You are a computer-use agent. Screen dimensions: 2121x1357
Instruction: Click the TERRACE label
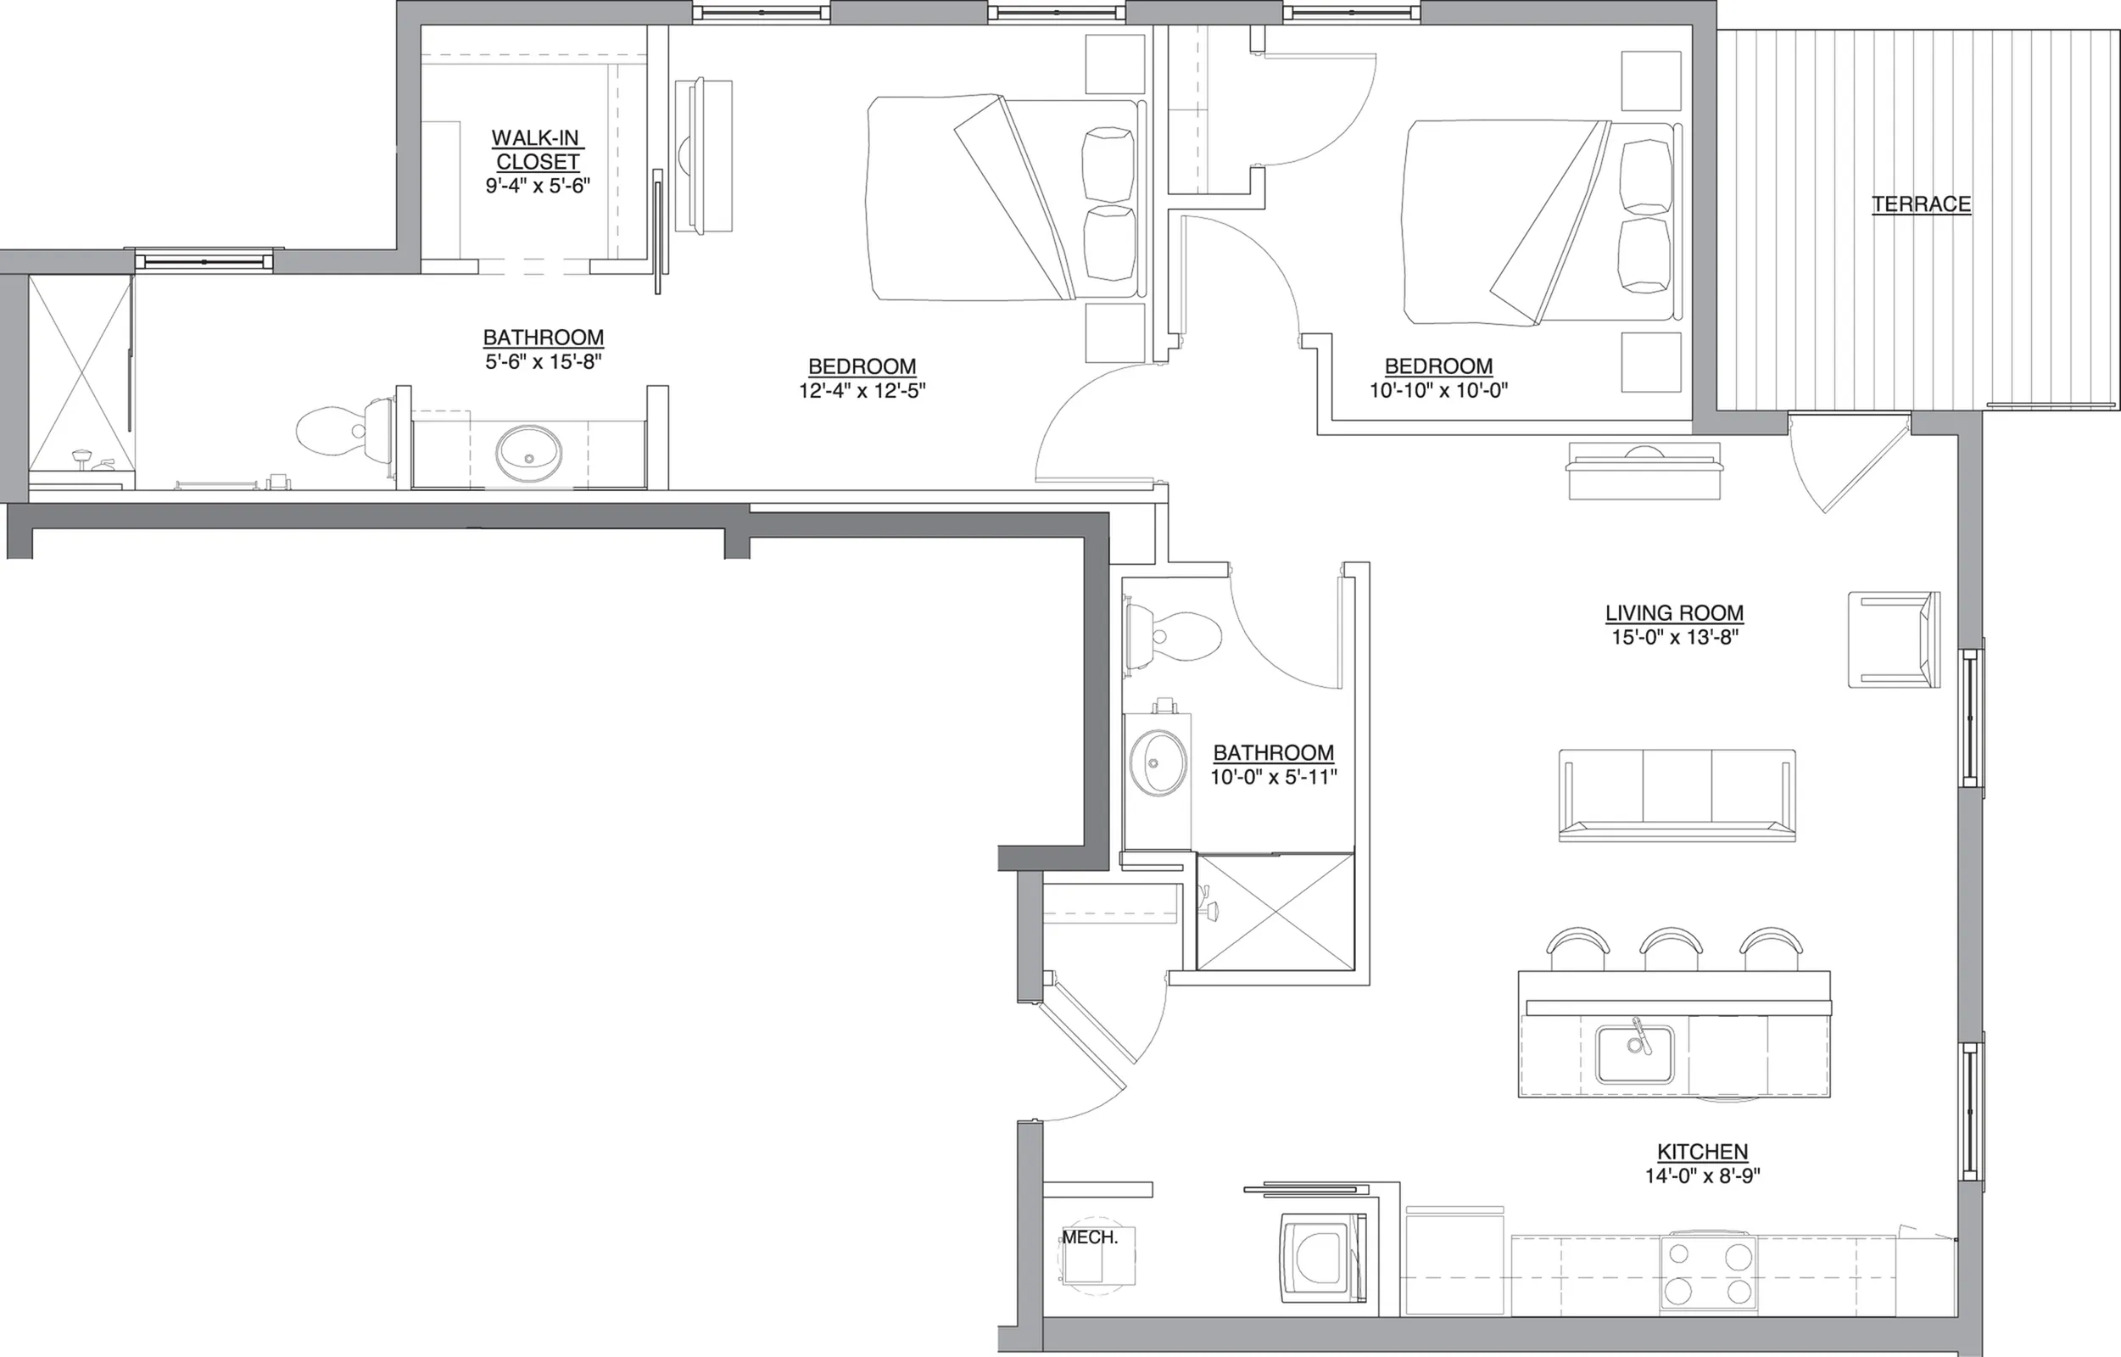pos(1921,204)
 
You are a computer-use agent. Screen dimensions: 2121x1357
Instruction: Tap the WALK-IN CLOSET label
pos(538,150)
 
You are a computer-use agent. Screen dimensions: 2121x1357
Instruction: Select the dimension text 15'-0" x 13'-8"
pos(1674,637)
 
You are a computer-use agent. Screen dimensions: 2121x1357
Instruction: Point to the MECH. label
pos(1089,1237)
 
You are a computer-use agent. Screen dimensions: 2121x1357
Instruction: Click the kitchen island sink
pos(1635,1054)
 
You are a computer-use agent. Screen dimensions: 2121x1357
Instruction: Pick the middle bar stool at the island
pos(1671,949)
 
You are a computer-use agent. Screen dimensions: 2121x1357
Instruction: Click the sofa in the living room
pos(1677,795)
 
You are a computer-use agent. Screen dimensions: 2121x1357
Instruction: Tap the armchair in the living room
pos(1894,639)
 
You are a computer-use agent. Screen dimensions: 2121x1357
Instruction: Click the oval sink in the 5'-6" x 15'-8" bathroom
pos(528,454)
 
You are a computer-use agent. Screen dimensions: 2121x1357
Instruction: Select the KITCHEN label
pos(1702,1152)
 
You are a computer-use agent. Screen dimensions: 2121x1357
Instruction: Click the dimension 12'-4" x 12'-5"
pos(862,390)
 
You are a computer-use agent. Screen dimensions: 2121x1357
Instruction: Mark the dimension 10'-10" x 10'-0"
pos(1438,389)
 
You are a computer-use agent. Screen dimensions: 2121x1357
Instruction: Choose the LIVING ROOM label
pos(1674,613)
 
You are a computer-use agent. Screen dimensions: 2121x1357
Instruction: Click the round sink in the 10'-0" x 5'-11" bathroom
pos(1158,763)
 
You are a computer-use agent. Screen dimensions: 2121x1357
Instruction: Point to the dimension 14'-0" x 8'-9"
pos(1702,1176)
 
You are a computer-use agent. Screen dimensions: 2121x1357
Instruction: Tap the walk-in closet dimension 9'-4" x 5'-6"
pos(538,186)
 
